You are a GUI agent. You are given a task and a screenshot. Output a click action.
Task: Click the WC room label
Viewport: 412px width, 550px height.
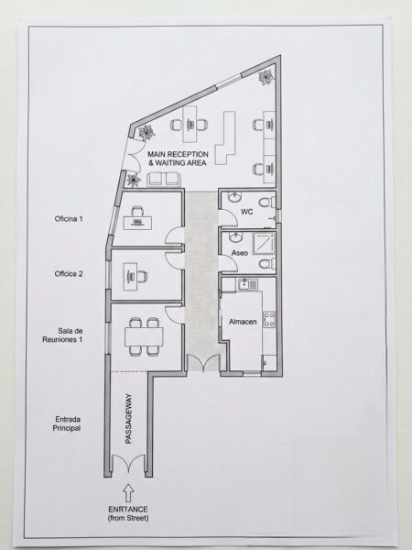246,212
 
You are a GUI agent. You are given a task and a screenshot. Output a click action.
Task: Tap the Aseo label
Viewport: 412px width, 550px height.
240,253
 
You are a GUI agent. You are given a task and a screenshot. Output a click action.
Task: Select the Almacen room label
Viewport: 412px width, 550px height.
243,322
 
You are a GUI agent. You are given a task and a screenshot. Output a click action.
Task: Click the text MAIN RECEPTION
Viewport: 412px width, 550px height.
178,154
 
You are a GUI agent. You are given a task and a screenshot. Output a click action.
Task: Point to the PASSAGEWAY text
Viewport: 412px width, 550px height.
128,419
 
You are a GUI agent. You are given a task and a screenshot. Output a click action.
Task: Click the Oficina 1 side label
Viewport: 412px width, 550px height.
69,219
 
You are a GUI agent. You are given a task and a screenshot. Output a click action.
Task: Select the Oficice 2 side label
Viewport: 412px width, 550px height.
69,273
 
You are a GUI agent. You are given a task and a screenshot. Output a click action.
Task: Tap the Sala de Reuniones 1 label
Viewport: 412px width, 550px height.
62,335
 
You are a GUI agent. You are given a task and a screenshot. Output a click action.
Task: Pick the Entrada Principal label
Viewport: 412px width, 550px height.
67,423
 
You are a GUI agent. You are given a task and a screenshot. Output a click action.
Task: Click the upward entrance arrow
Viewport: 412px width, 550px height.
128,493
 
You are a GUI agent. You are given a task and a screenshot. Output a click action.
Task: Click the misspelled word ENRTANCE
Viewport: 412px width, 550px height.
128,510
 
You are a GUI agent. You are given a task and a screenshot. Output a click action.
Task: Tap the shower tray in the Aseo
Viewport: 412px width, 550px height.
265,242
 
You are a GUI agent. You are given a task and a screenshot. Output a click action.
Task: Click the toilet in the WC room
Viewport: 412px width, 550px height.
267,202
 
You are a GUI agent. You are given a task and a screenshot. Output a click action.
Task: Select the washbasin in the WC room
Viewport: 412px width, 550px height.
234,197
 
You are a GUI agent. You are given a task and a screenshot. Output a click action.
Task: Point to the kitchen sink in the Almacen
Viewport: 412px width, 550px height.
248,284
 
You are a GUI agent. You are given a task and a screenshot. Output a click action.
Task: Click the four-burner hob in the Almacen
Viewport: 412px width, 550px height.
269,320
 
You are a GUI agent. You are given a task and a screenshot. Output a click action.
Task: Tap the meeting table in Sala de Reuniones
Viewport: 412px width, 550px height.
144,336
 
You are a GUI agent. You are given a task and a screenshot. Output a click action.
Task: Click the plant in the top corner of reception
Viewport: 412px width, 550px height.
266,77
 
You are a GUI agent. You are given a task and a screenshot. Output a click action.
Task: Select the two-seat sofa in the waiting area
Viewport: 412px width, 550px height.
164,180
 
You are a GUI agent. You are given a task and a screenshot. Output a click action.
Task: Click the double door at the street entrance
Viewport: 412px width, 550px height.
128,464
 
